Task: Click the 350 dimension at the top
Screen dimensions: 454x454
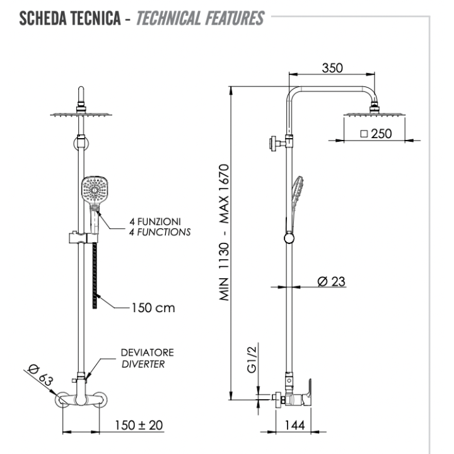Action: [332, 68]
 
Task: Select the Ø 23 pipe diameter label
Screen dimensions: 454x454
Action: [332, 281]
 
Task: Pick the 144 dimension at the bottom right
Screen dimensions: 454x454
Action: [294, 426]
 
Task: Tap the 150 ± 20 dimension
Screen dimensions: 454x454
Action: [139, 425]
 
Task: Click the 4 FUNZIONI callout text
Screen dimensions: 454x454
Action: [155, 221]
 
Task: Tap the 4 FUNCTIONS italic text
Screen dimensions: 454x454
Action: [159, 231]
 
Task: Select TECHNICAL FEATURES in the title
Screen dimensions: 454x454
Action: [199, 19]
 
